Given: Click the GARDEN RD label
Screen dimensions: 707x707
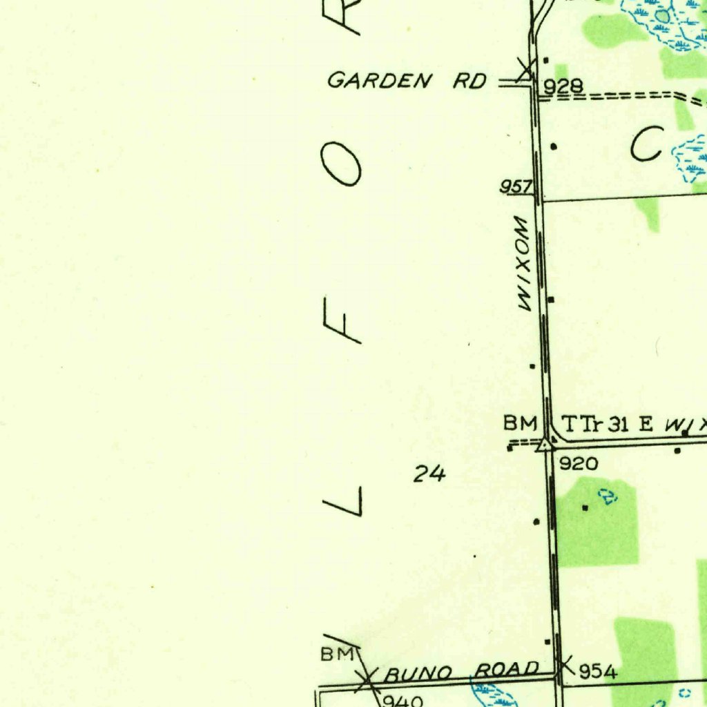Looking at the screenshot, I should coord(407,81).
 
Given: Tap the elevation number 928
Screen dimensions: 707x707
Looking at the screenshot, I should coord(563,86).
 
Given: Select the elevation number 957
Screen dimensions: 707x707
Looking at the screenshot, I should coord(516,186).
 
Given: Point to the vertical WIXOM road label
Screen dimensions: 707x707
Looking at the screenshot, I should coord(523,263).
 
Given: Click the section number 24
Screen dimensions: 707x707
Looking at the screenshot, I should coord(429,474).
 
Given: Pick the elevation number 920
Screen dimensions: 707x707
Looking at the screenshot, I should coord(578,464).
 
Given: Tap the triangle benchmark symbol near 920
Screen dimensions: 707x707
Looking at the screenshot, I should coord(545,444).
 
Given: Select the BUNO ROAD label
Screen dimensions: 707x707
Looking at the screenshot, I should coord(461,670).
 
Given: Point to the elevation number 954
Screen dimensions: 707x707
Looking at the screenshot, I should coord(597,671).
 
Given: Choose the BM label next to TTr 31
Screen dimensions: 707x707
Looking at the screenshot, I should coord(519,422).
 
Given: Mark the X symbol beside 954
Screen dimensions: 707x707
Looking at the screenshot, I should coord(565,665).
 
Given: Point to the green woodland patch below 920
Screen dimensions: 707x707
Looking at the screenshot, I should coord(597,525).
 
